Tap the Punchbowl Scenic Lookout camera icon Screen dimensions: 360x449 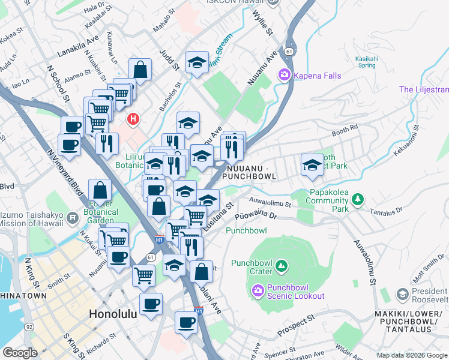pos(258,291)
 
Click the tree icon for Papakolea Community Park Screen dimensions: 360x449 pos(357,199)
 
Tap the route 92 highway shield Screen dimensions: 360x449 pos(29,328)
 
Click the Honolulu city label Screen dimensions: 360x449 pos(113,314)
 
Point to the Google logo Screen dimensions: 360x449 pos(20,353)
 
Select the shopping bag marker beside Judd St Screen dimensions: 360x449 pos(140,70)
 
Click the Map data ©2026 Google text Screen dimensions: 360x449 pos(411,355)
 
